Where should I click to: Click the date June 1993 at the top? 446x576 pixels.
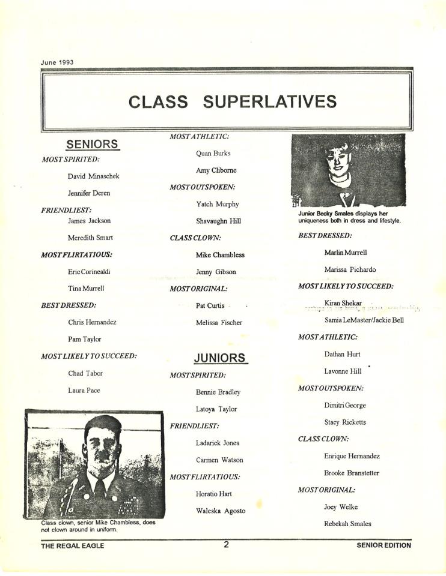point(57,62)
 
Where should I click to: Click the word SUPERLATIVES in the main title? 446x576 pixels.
point(269,101)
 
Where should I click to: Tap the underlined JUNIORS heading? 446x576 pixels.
point(221,358)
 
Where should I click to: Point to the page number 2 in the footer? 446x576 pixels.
point(226,545)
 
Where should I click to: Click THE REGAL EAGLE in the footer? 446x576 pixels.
point(72,545)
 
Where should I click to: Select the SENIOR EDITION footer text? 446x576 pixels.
point(383,545)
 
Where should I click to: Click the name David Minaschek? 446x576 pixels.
point(93,176)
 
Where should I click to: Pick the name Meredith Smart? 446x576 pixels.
point(90,238)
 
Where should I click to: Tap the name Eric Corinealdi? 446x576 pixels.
point(89,272)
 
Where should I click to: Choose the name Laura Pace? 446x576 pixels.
point(84,391)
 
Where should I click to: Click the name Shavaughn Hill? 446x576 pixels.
point(218,221)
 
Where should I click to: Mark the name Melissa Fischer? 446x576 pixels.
point(219,323)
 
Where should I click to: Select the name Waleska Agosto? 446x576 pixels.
point(221,511)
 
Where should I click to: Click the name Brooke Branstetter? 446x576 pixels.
point(352,473)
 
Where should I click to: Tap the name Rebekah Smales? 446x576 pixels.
point(347,524)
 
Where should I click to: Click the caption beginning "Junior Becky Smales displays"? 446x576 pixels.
point(349,217)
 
